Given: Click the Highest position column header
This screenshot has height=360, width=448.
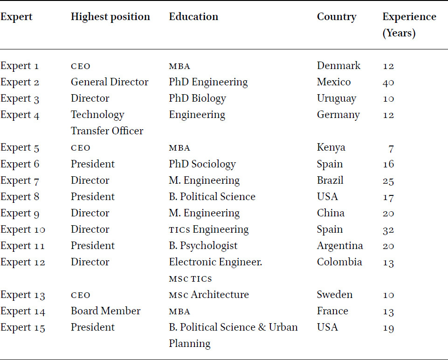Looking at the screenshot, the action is [110, 17].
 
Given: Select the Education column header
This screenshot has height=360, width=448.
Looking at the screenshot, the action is [193, 17].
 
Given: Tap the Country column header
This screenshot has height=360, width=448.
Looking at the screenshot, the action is [337, 17].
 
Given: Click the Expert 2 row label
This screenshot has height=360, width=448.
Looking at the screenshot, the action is [20, 82].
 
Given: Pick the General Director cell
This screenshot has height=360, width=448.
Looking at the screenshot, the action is [110, 82].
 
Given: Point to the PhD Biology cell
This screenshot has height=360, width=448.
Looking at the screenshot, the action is [198, 98].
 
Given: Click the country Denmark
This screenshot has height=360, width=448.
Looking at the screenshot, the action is [338, 66].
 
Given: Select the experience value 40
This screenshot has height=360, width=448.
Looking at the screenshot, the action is [388, 83].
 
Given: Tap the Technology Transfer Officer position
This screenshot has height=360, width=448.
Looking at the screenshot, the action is [107, 123].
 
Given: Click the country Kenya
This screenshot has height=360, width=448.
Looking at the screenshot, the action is [331, 148].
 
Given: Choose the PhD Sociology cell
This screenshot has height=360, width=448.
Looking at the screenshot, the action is [202, 164].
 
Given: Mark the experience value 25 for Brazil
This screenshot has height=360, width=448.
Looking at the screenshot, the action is [388, 181].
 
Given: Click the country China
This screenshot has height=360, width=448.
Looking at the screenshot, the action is [331, 213].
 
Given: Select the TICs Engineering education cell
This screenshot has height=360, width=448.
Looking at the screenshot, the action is [208, 230].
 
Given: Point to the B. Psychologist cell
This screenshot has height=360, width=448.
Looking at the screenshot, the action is [203, 246].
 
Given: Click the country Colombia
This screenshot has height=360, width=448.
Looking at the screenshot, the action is [339, 262].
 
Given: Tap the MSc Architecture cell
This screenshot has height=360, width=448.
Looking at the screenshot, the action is [208, 295].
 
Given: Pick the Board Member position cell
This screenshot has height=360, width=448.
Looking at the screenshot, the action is [106, 311].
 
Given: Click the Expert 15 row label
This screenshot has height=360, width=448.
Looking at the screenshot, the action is [22, 327].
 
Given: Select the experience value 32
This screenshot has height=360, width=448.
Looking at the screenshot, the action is [388, 230].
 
